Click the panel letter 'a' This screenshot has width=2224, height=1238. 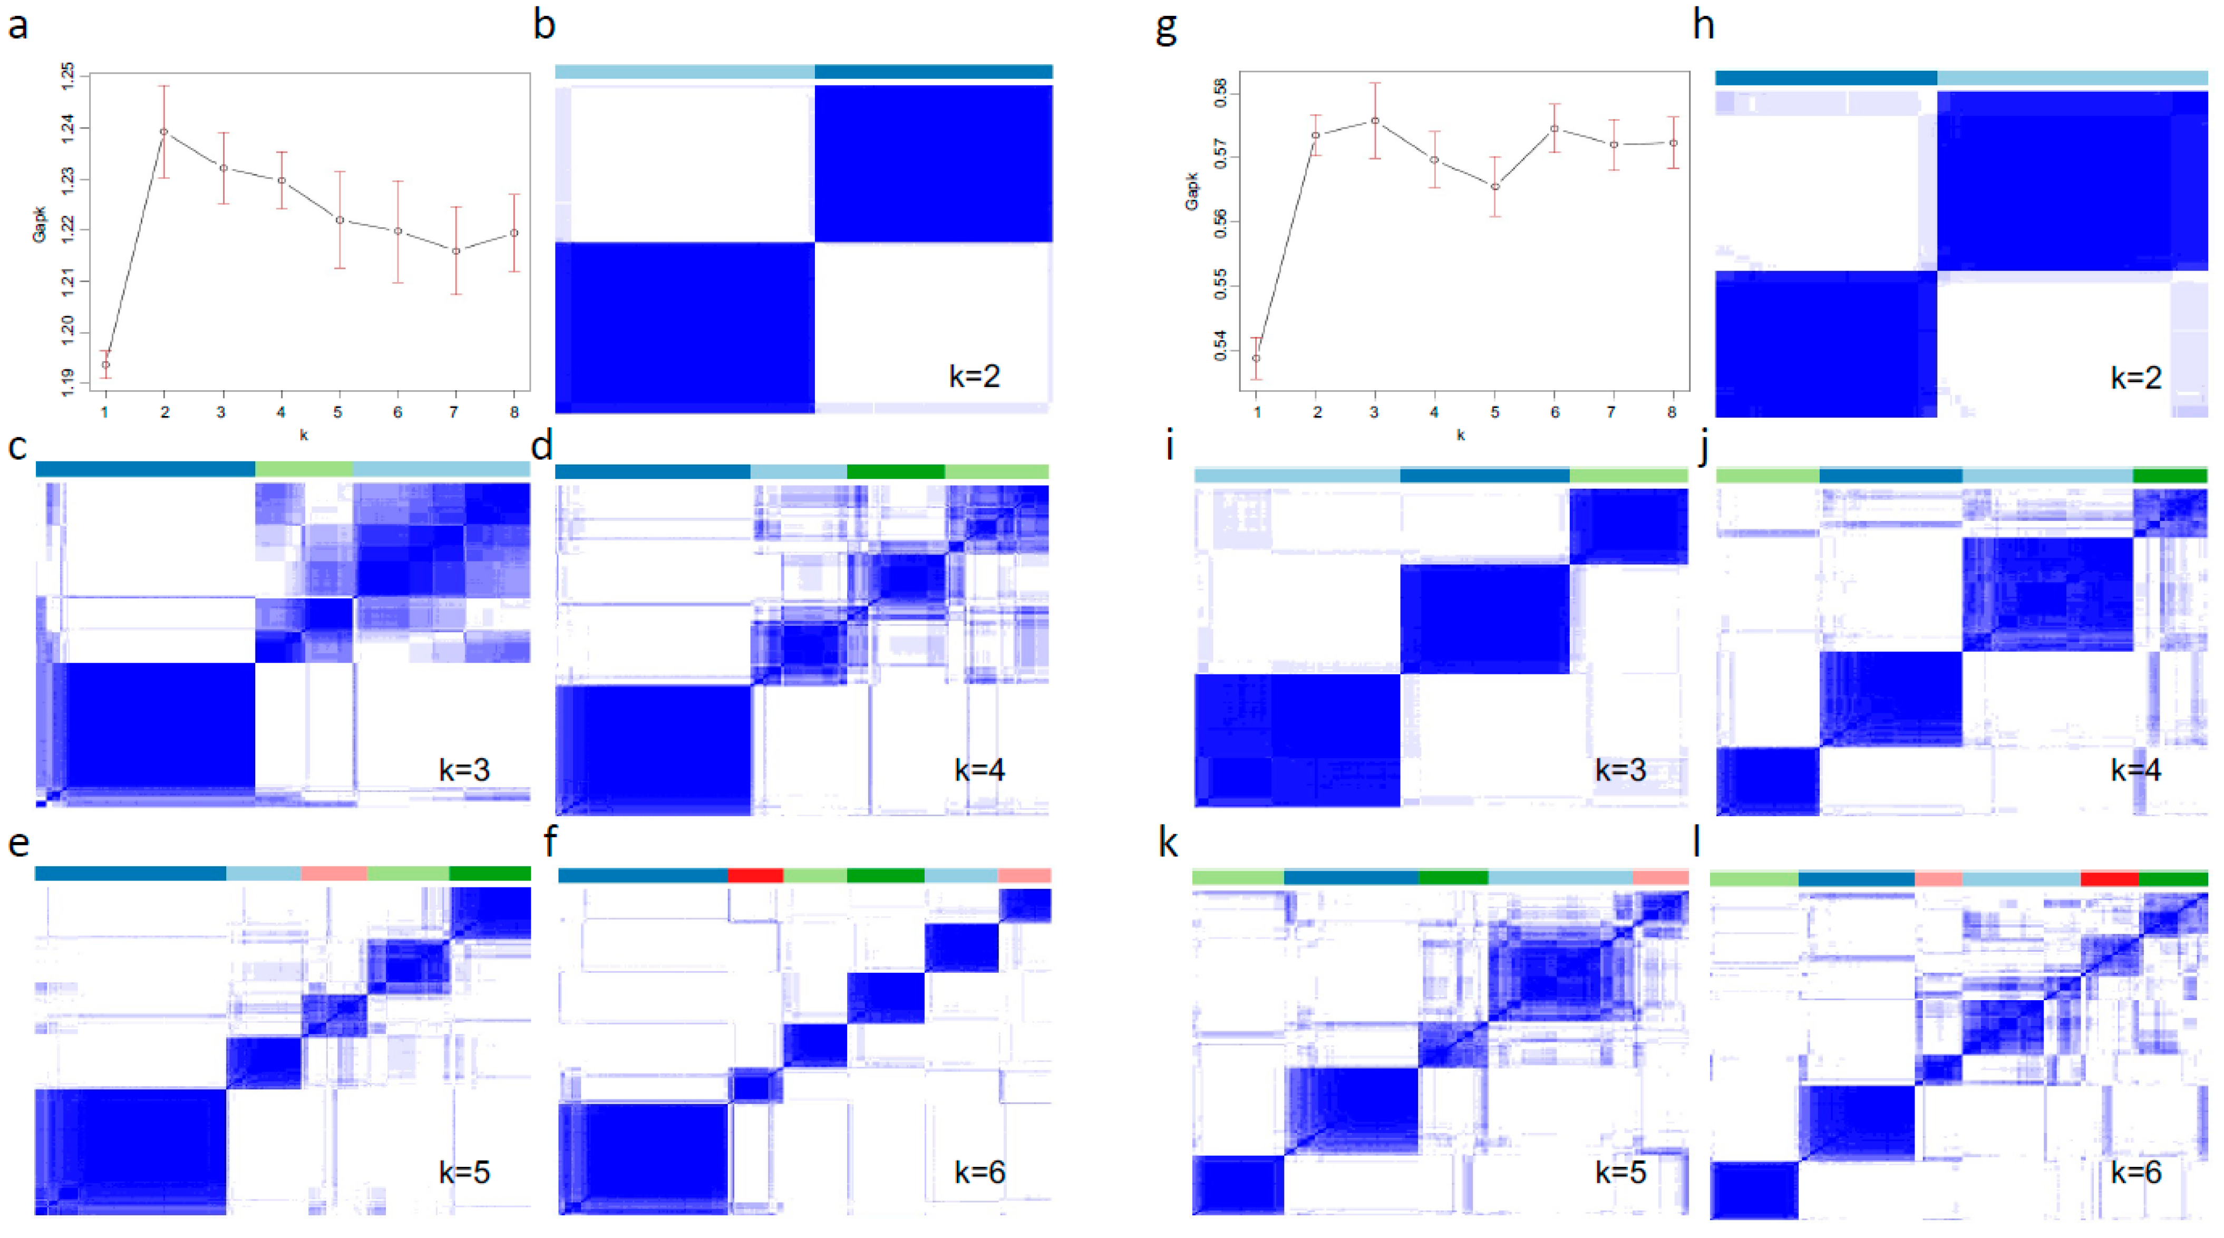(x=18, y=26)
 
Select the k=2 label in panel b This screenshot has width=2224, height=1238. (x=974, y=376)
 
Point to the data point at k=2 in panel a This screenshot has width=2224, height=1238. (x=164, y=132)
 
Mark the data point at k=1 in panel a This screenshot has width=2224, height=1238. (x=105, y=364)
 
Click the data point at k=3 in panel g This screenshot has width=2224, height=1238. (x=1374, y=121)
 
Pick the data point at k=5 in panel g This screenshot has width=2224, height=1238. (x=1494, y=187)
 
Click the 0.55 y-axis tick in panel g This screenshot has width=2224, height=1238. (x=1220, y=285)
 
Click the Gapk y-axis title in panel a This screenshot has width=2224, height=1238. (x=39, y=225)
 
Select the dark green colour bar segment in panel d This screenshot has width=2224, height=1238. (x=895, y=471)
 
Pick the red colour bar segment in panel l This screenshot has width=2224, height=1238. (x=2109, y=879)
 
